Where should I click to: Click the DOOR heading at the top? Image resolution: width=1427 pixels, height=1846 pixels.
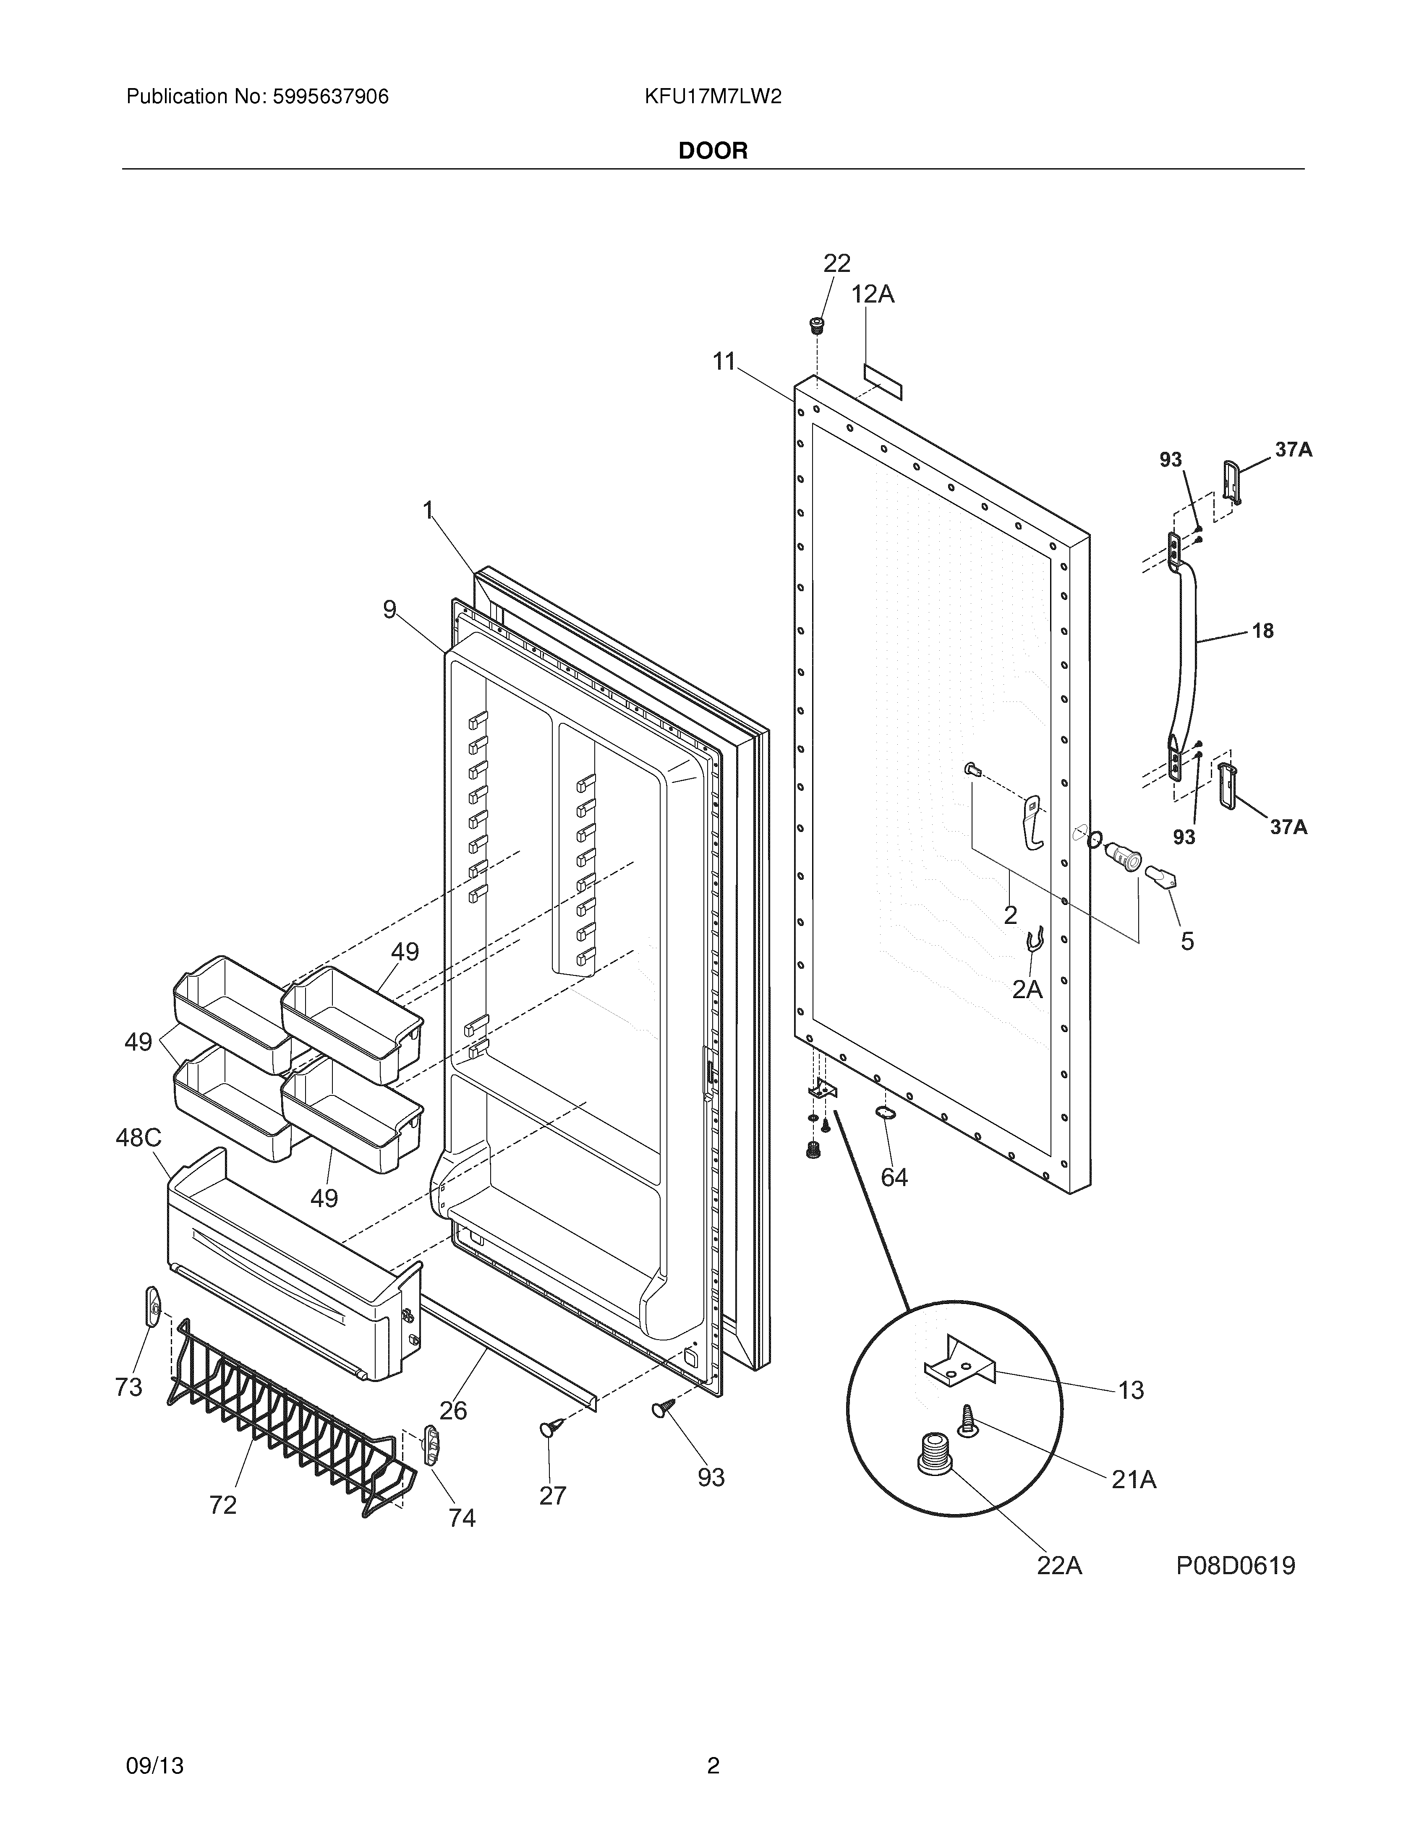[x=713, y=151]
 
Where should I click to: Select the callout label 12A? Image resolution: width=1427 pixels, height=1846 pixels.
[x=873, y=294]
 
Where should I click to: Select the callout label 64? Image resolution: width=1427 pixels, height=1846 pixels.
[x=894, y=1177]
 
